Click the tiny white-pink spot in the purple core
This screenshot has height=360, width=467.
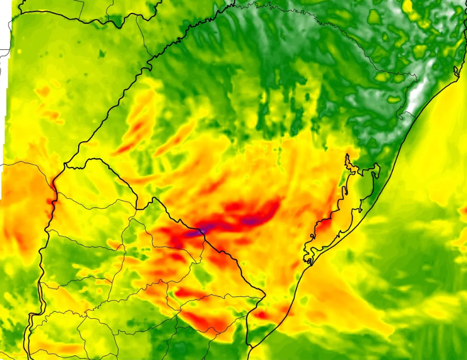tap(203, 228)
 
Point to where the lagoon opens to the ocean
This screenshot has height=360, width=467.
tap(307, 261)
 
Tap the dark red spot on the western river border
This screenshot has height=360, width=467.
tap(53, 194)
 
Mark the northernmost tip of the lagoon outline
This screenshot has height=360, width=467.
tap(348, 155)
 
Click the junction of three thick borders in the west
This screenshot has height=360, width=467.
tap(66, 165)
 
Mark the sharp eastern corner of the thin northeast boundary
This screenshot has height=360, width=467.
tap(416, 76)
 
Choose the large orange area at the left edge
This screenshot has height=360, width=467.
tap(22, 200)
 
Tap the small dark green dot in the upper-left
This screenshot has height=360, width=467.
tap(102, 54)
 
